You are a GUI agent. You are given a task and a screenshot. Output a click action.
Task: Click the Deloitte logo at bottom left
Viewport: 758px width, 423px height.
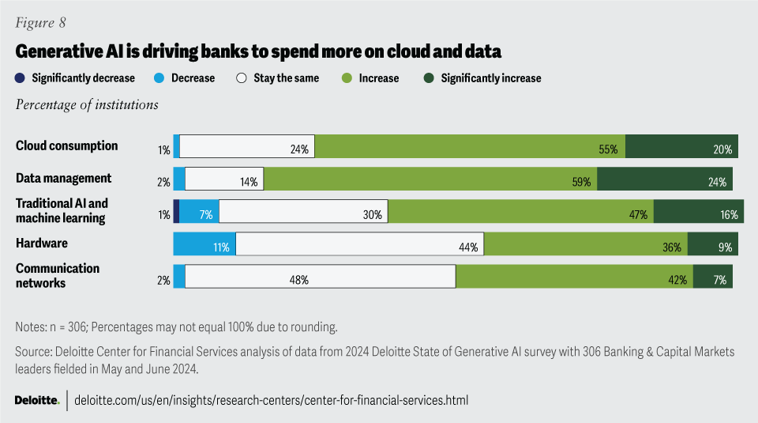pos(37,400)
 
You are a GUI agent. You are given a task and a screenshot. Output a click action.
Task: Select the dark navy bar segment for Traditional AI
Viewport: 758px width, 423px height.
pos(176,211)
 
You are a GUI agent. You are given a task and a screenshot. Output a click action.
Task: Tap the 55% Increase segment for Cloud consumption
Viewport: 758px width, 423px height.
pos(471,146)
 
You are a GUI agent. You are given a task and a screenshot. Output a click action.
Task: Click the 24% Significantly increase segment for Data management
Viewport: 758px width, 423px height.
pos(665,179)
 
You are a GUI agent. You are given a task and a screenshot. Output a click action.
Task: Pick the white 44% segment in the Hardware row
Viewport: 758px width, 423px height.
pos(360,244)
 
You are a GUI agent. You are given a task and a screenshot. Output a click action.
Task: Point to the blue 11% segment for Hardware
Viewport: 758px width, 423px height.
pos(205,244)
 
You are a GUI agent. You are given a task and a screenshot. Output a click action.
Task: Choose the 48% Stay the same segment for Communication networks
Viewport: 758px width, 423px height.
pos(321,276)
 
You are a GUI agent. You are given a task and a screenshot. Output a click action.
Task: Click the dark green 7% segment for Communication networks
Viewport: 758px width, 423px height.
pos(713,276)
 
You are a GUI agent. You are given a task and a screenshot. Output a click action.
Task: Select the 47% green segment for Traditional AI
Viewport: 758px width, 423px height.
pos(521,211)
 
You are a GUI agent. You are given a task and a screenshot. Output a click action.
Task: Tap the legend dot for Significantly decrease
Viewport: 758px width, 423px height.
pos(20,78)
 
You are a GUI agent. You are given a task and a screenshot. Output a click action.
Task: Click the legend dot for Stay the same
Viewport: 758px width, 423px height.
pos(242,78)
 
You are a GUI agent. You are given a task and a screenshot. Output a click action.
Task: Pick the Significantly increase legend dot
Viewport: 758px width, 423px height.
pos(429,78)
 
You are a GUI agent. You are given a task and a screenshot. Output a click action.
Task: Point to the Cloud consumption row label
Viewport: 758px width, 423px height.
pos(67,146)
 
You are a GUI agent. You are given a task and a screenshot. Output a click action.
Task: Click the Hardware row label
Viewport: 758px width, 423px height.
pos(42,244)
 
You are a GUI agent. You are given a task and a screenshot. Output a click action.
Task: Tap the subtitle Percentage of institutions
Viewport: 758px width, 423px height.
pos(87,104)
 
